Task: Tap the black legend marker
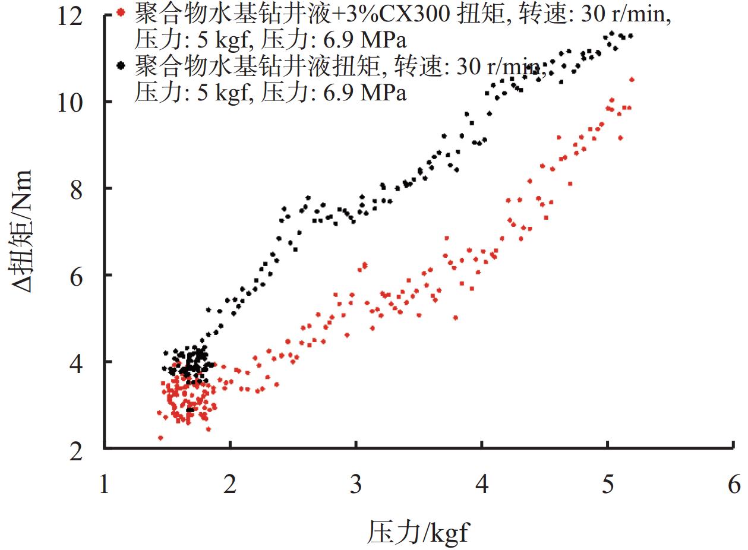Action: [x=121, y=64]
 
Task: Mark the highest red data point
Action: [x=632, y=80]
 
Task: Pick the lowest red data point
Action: [x=160, y=438]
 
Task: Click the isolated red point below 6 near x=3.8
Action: [x=456, y=318]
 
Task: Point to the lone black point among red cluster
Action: [x=190, y=410]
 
